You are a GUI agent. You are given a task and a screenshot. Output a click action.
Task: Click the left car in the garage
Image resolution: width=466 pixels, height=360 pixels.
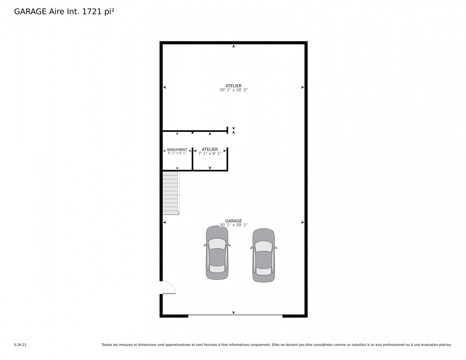click(217, 252)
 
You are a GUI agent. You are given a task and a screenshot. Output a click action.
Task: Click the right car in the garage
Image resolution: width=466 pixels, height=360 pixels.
click(263, 255)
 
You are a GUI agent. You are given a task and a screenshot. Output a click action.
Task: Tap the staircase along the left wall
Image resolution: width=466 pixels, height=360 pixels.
click(171, 193)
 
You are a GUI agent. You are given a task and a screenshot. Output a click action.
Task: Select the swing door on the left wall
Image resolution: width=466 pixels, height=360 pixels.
click(169, 287)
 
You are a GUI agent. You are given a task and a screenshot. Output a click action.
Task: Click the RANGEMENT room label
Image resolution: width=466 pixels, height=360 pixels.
click(177, 149)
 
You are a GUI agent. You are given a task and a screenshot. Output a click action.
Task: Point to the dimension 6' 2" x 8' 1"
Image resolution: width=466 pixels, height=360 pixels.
click(177, 153)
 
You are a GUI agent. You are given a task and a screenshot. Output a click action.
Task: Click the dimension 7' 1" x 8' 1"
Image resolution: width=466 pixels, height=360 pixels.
click(210, 154)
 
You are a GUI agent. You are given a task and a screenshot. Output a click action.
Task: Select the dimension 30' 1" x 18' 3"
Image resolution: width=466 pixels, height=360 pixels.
click(233, 90)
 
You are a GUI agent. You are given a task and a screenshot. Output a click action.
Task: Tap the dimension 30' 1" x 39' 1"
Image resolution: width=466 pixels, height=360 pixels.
click(233, 225)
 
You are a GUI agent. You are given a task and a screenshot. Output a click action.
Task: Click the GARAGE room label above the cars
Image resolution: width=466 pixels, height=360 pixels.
click(233, 221)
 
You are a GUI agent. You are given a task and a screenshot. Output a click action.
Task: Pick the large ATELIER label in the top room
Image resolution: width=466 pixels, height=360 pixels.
click(233, 86)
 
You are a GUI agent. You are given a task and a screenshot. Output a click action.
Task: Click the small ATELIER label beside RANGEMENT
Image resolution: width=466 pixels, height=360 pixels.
click(210, 149)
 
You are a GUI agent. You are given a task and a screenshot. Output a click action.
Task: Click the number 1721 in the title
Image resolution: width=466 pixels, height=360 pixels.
click(92, 12)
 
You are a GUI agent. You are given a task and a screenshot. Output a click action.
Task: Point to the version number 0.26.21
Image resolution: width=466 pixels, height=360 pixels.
click(21, 345)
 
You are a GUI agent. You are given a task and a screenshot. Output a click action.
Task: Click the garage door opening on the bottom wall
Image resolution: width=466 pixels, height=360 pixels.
click(235, 315)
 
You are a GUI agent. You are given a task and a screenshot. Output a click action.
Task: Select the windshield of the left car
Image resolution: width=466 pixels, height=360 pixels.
click(217, 244)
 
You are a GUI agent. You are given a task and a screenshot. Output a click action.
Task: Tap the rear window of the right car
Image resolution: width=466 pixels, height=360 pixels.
click(263, 271)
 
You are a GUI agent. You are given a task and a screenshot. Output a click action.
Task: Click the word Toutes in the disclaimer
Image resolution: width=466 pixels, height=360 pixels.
click(107, 345)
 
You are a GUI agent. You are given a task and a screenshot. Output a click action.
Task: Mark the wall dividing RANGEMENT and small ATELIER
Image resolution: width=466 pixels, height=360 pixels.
click(193, 159)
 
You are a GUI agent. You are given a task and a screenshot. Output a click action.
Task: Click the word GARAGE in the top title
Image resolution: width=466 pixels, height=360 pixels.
click(30, 12)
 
